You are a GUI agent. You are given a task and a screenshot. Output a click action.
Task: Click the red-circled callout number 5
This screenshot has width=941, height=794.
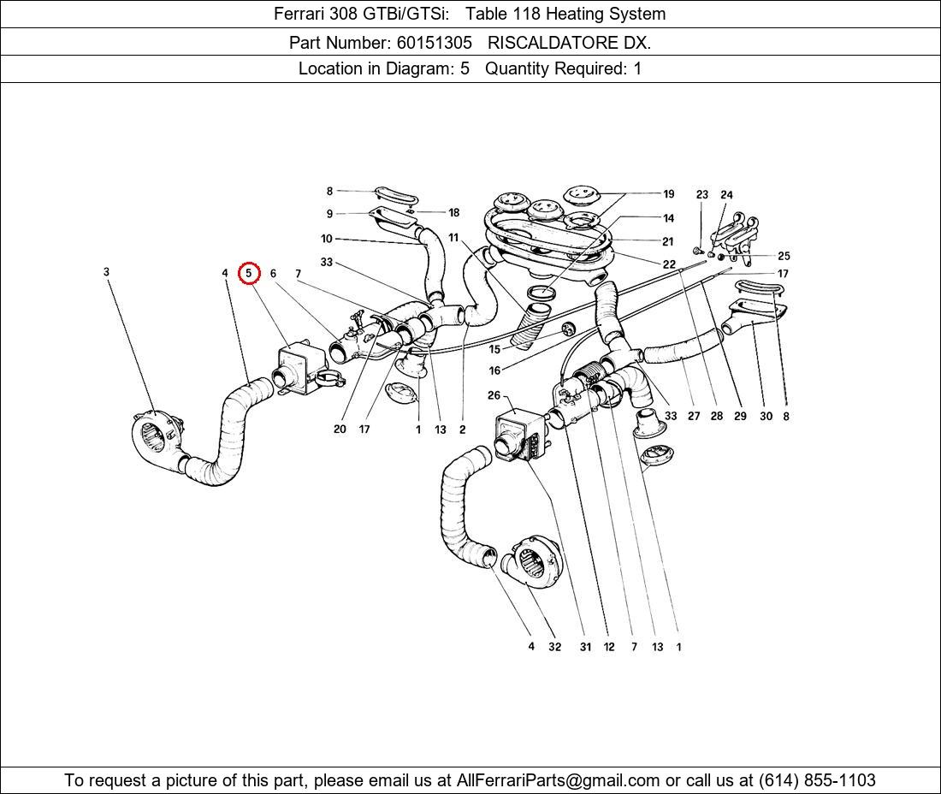tap(249, 274)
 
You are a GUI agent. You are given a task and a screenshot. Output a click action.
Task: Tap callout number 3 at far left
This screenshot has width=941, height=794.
tap(106, 272)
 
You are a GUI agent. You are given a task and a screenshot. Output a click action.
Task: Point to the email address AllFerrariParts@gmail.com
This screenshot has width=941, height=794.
tap(559, 780)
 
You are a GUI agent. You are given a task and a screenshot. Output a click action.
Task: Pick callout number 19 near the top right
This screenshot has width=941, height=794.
tap(668, 194)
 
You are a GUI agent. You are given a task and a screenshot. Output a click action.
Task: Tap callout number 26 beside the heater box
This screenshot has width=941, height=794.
tap(494, 395)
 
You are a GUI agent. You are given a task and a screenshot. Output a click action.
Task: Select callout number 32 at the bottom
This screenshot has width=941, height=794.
tap(554, 647)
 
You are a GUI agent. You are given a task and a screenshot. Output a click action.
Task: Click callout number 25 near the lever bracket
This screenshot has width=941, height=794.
tap(784, 256)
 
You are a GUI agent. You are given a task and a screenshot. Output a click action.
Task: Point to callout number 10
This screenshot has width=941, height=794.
tap(327, 239)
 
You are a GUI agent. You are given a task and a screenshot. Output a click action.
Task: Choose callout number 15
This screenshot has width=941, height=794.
tap(494, 349)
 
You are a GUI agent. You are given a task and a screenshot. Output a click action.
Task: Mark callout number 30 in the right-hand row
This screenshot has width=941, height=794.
tap(766, 417)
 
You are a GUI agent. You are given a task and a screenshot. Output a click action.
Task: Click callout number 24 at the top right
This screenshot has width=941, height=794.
tap(726, 195)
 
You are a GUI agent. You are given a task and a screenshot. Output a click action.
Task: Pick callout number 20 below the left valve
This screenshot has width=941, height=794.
tap(340, 429)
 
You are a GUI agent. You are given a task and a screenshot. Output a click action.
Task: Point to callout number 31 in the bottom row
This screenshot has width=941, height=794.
tap(585, 647)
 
